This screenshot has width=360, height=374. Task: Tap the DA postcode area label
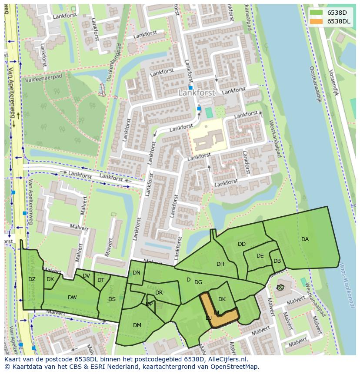305,239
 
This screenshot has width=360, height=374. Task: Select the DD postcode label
242,244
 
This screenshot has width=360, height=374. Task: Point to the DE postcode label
260,256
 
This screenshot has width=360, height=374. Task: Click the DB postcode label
277,261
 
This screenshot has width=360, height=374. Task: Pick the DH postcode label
220,264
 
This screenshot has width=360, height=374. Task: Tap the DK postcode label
222,299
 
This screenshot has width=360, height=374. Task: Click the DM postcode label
137,325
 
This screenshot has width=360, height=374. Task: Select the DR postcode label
159,293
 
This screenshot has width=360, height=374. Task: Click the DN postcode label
137,273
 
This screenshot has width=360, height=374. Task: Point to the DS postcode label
112,299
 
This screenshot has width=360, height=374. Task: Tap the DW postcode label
72,298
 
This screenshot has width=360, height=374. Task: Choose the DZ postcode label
32,279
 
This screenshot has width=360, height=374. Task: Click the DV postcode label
86,276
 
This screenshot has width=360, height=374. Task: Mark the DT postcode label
101,280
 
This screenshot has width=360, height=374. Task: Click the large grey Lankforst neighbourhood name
197,93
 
